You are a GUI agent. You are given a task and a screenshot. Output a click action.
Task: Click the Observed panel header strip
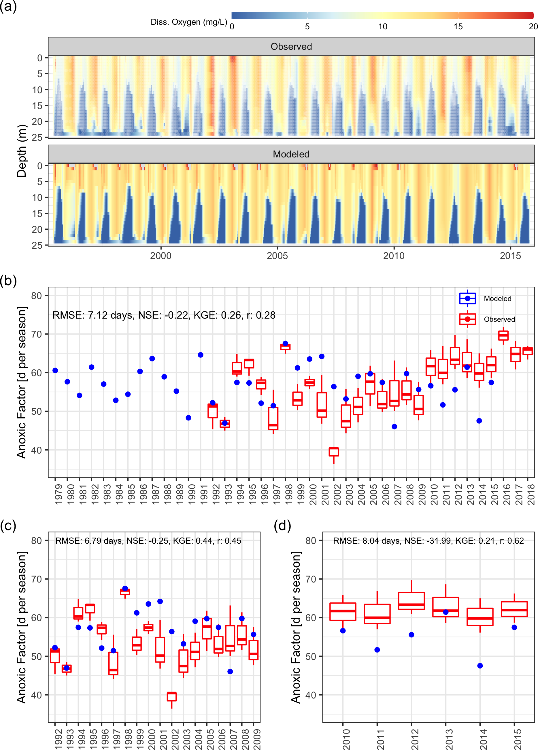tap(291, 46)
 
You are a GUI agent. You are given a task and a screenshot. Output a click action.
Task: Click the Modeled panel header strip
tap(291, 154)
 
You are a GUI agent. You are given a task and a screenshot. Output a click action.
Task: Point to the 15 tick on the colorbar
tap(458, 26)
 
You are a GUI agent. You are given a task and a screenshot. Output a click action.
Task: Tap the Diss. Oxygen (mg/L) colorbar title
tap(189, 22)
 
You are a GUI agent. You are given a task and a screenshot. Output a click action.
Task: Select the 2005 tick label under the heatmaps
tap(277, 256)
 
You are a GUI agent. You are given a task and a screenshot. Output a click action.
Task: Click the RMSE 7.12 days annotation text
tap(164, 315)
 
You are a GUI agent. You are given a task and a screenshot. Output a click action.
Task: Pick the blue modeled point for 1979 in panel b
tap(55, 370)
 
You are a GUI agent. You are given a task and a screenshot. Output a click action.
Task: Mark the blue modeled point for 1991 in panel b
tap(201, 355)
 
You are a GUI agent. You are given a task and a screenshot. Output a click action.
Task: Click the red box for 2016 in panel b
tap(503, 335)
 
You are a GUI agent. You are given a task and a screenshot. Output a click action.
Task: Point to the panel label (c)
tap(8, 526)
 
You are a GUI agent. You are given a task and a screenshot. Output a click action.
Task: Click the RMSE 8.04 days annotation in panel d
tap(428, 541)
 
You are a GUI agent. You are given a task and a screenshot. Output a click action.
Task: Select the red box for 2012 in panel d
tap(411, 601)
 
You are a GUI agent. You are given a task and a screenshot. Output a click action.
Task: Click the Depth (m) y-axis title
tap(22, 151)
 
